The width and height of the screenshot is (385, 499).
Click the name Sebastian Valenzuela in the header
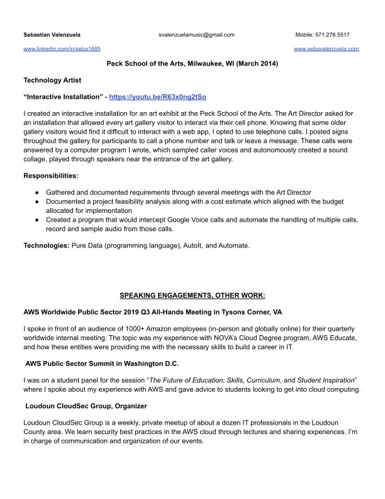point(52,35)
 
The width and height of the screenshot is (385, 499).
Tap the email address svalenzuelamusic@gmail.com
point(196,35)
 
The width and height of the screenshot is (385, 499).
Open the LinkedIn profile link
point(62,49)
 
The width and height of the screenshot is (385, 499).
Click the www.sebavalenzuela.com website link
point(326,49)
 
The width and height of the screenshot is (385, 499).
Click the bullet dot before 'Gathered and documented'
point(38,192)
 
